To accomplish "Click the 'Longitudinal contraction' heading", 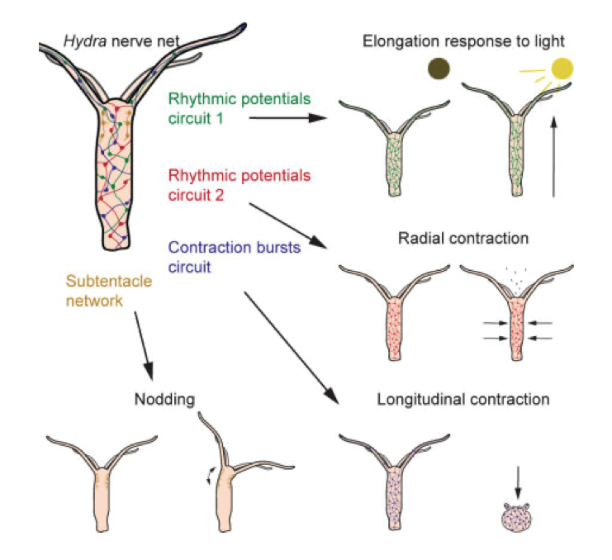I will pyautogui.click(x=463, y=400).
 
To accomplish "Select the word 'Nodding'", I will pyautogui.click(x=164, y=400).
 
